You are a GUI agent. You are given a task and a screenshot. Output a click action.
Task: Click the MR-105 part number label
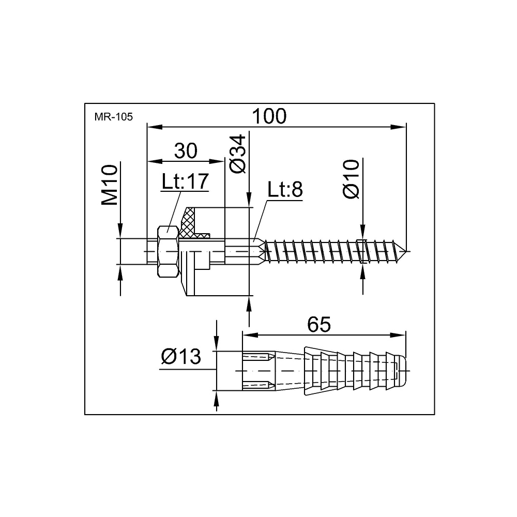coord(113,117)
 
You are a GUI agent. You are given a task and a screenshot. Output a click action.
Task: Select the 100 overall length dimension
coord(269,116)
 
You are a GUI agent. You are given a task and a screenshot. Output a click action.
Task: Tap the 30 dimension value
coord(186,150)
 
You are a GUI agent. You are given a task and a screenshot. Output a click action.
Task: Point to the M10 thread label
coord(110,185)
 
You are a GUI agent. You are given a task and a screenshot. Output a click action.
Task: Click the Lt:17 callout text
coord(185,181)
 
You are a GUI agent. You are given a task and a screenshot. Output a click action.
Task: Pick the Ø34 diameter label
coord(238,154)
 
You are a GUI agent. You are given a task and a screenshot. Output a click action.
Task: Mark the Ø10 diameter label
coord(351,179)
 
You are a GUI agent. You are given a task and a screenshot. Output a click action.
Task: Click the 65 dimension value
coord(319,325)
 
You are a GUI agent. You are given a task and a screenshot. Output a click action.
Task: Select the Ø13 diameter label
coord(181,356)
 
